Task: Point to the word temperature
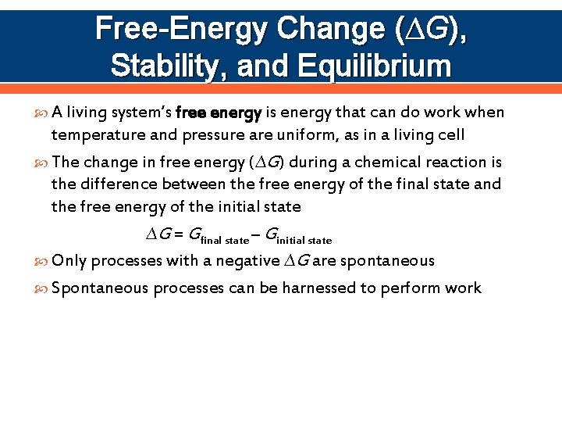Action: (98, 135)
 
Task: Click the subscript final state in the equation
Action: (225, 240)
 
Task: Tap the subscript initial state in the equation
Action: (305, 240)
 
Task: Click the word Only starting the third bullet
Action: (69, 261)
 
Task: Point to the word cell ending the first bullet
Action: (450, 135)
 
